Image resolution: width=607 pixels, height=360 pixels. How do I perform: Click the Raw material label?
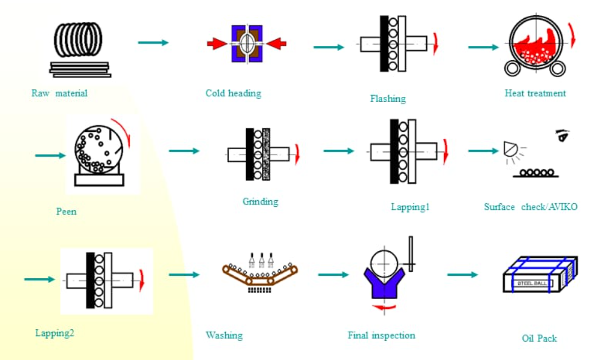click(59, 93)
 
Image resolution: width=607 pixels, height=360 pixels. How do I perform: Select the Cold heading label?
click(233, 93)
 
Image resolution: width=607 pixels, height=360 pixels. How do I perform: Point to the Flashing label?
click(388, 99)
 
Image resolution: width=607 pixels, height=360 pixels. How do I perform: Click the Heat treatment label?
click(535, 93)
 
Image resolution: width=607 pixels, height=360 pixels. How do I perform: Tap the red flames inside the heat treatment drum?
click(533, 49)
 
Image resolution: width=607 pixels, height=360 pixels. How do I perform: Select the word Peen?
click(66, 211)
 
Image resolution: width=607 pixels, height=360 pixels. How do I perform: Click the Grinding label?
click(260, 201)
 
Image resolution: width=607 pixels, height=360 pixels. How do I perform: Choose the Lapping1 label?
click(410, 207)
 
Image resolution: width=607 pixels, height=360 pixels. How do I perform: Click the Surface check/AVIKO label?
click(531, 207)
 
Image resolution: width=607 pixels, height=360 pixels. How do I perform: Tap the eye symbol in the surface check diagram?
click(563, 136)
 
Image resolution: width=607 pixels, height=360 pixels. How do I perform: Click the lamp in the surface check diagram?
click(510, 149)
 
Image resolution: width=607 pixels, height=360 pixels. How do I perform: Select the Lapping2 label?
click(55, 333)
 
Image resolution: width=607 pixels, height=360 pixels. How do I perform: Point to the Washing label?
click(224, 335)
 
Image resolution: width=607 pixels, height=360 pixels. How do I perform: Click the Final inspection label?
click(381, 335)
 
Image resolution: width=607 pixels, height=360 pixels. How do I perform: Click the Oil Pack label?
click(539, 338)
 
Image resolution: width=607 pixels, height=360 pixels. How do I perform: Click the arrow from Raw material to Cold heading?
click(153, 43)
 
